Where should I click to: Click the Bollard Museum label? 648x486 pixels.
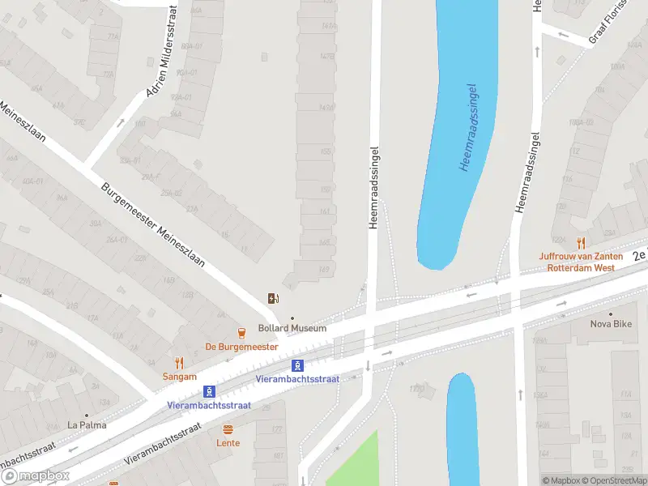click(x=292, y=328)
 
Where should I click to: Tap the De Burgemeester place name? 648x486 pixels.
click(x=241, y=347)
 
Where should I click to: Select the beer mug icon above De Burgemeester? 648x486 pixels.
click(x=241, y=332)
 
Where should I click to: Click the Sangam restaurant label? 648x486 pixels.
click(x=179, y=377)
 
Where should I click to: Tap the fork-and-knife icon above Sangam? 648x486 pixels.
click(x=179, y=364)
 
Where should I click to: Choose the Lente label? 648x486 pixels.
click(x=228, y=443)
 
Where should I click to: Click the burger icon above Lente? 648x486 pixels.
click(x=228, y=429)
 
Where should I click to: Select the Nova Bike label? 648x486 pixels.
click(x=611, y=325)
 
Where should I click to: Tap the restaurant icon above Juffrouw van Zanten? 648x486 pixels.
click(x=580, y=243)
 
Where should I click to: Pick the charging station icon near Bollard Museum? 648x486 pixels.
click(x=274, y=298)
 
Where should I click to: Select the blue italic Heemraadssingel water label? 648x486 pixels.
click(x=467, y=127)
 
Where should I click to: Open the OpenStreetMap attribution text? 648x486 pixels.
click(x=611, y=480)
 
